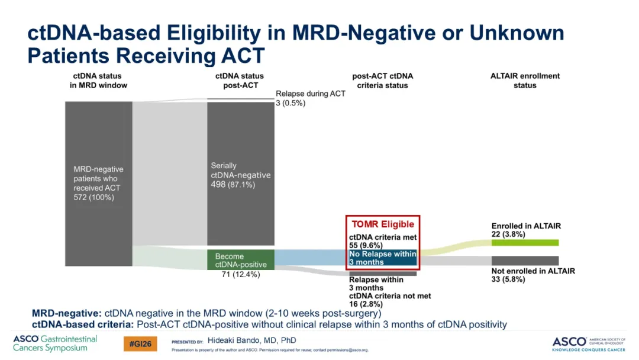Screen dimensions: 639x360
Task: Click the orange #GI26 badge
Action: point(140,343)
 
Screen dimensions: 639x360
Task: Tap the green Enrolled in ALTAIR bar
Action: point(525,243)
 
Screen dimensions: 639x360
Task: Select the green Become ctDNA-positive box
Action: point(240,260)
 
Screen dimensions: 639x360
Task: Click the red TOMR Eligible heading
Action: point(383,224)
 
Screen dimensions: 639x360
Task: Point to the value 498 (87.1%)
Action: point(233,185)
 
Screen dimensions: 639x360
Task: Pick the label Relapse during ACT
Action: point(311,94)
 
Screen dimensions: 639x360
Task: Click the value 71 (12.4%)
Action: point(241,274)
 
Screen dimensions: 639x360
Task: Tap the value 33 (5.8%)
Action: point(508,279)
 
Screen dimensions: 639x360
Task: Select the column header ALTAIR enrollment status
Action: point(525,81)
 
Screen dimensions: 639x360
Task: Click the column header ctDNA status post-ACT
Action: point(240,81)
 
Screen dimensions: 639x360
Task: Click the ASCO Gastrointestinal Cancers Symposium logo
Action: point(55,343)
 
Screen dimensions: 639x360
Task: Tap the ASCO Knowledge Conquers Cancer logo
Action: point(589,344)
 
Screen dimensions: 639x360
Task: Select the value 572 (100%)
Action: point(93,197)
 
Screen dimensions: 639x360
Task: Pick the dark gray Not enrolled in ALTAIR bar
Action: point(525,261)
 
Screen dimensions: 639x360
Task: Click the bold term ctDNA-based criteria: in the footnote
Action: point(83,324)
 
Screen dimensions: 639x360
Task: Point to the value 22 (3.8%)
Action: point(508,234)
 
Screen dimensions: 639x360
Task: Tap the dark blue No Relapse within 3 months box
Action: point(383,258)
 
